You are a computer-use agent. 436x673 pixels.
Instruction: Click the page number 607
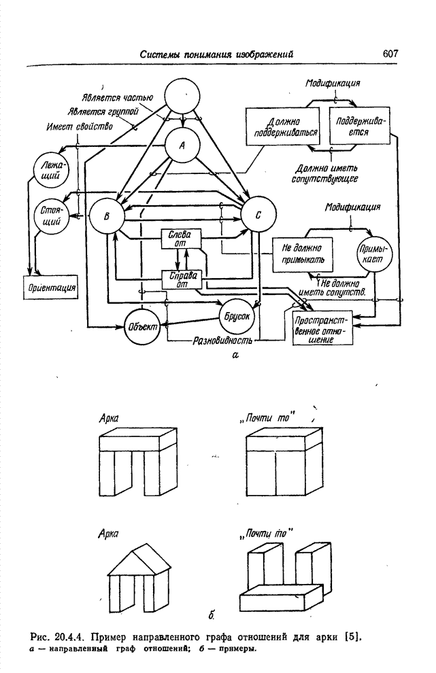(x=390, y=53)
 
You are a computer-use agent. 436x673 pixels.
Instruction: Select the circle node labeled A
(x=182, y=145)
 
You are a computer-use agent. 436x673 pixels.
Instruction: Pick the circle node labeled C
(x=258, y=214)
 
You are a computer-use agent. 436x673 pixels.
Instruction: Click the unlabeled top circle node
(x=182, y=96)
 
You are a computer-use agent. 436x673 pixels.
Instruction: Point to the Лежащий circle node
(x=51, y=170)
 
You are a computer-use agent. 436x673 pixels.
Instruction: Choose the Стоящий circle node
(x=51, y=216)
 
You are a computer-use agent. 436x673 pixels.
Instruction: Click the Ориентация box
(x=51, y=287)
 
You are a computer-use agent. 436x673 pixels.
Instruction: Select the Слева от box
(x=181, y=239)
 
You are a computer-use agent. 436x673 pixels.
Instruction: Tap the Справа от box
(x=181, y=280)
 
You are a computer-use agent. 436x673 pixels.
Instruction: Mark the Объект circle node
(x=141, y=326)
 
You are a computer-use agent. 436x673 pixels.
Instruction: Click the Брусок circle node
(x=237, y=317)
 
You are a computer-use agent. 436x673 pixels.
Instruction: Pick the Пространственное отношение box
(x=322, y=328)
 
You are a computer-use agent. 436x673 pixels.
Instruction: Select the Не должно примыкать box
(x=303, y=254)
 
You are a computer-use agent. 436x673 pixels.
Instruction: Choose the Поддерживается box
(x=360, y=126)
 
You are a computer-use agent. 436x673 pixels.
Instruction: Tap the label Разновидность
(x=222, y=341)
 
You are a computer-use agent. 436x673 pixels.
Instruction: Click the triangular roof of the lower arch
(x=140, y=559)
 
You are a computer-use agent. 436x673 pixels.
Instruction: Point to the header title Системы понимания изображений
(x=217, y=54)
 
